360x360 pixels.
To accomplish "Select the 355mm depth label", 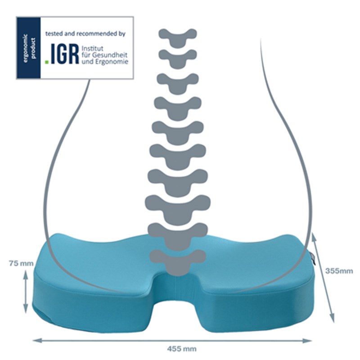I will click(339, 271).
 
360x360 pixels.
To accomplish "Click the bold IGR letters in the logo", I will click(63, 54).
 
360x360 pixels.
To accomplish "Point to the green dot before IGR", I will click(47, 62).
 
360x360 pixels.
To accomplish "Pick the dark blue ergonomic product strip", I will click(28, 48).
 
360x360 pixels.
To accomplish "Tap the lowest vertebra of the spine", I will click(178, 259).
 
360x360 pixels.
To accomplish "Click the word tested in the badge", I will click(54, 34).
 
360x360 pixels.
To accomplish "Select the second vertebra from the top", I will click(178, 56).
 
